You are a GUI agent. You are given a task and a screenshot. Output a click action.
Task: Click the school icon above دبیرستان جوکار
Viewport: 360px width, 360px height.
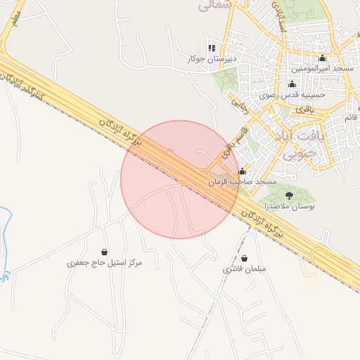[x=212, y=49]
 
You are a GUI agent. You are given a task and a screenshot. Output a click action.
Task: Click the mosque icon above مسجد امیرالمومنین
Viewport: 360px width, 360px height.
[x=323, y=58]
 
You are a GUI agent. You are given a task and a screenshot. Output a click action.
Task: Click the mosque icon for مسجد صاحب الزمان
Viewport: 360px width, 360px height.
[x=243, y=172]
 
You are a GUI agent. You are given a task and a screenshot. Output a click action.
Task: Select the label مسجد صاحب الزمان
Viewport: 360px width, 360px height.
[x=243, y=182]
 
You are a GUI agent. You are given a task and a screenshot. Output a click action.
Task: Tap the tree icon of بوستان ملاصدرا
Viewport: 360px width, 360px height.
[x=289, y=195]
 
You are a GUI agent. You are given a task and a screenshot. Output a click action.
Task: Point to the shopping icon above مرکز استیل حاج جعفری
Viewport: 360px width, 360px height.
[x=105, y=252]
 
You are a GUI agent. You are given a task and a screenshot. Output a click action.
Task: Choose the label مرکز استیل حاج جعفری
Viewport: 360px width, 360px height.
[x=104, y=263]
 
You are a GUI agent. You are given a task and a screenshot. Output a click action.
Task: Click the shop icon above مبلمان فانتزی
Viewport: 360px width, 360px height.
[x=244, y=259]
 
